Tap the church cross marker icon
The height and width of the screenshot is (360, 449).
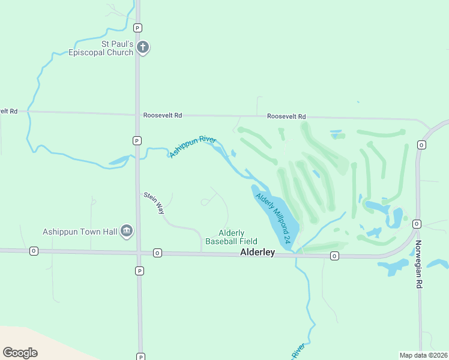pyautogui.click(x=143, y=47)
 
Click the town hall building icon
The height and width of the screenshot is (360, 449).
pyautogui.click(x=126, y=230)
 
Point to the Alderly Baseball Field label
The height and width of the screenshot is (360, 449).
pyautogui.click(x=231, y=237)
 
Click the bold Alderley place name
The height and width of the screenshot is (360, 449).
pyautogui.click(x=257, y=253)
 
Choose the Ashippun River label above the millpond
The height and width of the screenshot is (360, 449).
pyautogui.click(x=192, y=147)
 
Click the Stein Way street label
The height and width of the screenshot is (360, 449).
pyautogui.click(x=153, y=203)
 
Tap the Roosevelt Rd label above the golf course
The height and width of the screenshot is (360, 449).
pyautogui.click(x=286, y=116)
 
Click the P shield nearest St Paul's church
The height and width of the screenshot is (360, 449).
pyautogui.click(x=137, y=28)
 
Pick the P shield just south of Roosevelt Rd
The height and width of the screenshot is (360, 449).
pyautogui.click(x=137, y=140)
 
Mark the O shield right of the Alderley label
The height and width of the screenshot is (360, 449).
pyautogui.click(x=334, y=256)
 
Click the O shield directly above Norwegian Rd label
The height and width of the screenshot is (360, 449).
pyautogui.click(x=417, y=223)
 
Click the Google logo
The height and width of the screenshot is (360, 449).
pyautogui.click(x=20, y=353)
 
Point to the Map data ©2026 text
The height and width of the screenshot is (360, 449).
pyautogui.click(x=424, y=355)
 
